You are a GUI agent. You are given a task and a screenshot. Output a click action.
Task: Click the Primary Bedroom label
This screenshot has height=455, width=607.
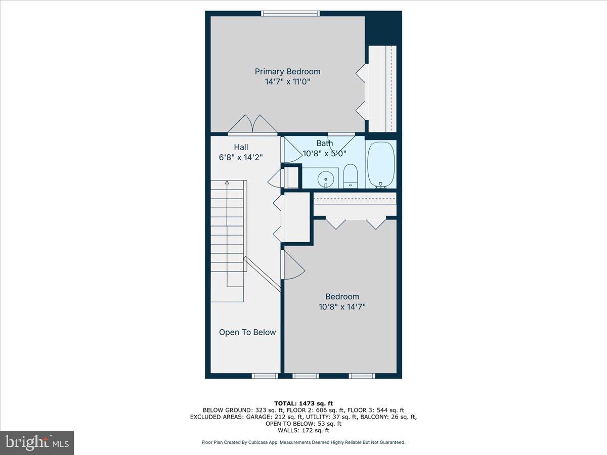click(x=287, y=72)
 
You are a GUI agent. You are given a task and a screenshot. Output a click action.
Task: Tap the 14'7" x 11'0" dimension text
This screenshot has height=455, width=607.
click(x=287, y=81)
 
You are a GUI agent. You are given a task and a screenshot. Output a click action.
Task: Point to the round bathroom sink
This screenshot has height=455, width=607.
click(x=325, y=178)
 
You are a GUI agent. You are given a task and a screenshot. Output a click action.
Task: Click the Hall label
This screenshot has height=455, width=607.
click(x=241, y=147)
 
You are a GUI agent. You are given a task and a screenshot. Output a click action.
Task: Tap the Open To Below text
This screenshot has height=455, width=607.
click(x=247, y=332)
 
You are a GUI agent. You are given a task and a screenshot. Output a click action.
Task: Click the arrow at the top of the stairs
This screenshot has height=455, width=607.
click(x=227, y=183)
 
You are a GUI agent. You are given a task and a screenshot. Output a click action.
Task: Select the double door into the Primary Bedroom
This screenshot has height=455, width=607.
click(x=252, y=125)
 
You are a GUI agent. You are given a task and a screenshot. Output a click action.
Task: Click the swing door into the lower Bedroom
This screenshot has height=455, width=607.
click(x=292, y=265)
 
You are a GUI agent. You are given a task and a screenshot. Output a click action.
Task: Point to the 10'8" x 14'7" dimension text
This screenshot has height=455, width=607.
click(x=342, y=306)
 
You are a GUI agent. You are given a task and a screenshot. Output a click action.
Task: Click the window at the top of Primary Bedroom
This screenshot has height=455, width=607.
click(x=290, y=14)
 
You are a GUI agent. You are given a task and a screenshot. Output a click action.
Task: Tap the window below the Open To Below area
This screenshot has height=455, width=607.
click(x=265, y=376)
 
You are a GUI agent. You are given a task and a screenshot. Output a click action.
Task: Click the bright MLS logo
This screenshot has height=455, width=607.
click(x=37, y=442)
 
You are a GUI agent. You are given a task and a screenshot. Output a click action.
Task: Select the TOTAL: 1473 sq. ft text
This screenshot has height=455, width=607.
click(x=303, y=402)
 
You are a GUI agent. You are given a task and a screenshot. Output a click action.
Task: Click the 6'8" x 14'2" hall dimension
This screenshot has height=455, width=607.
click(x=241, y=157)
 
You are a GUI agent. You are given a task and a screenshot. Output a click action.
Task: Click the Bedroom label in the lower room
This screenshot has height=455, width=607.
click(x=342, y=297)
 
